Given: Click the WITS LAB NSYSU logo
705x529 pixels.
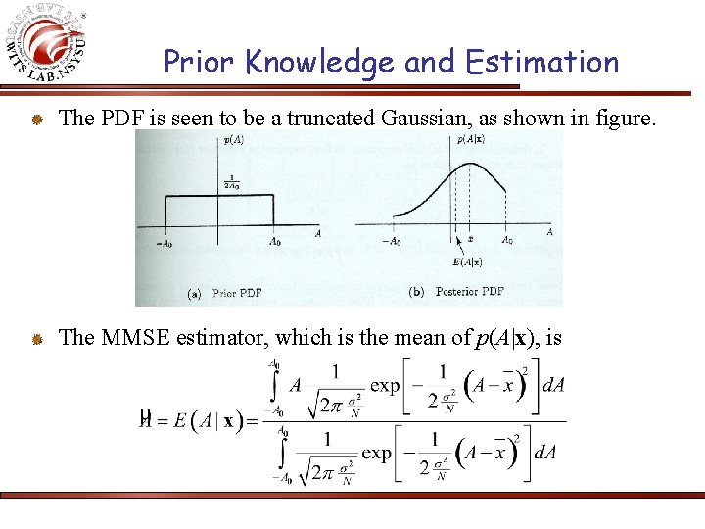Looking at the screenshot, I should [49, 44].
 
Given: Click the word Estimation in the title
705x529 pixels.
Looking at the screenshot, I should [542, 63].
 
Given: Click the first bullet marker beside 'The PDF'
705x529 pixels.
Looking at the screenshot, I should [34, 120].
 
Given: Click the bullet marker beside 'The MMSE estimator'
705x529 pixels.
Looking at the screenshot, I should [34, 339].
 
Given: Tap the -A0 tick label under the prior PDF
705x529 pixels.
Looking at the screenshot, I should [164, 241].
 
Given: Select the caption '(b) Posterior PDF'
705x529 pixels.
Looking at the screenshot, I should [456, 291].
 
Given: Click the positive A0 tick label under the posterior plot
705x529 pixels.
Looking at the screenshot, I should [507, 240].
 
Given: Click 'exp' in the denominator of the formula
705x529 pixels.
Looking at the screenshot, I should [377, 453].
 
